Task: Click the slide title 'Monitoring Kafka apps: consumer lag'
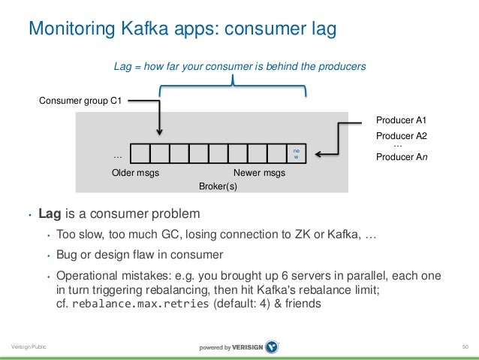181,29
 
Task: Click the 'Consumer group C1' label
81,101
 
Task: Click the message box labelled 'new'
296,154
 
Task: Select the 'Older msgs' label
135,173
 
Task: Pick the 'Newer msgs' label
259,173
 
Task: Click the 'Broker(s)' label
218,186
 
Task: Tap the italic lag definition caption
239,67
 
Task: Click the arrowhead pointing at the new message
318,155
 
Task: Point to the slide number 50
465,346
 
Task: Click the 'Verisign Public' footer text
27,346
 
